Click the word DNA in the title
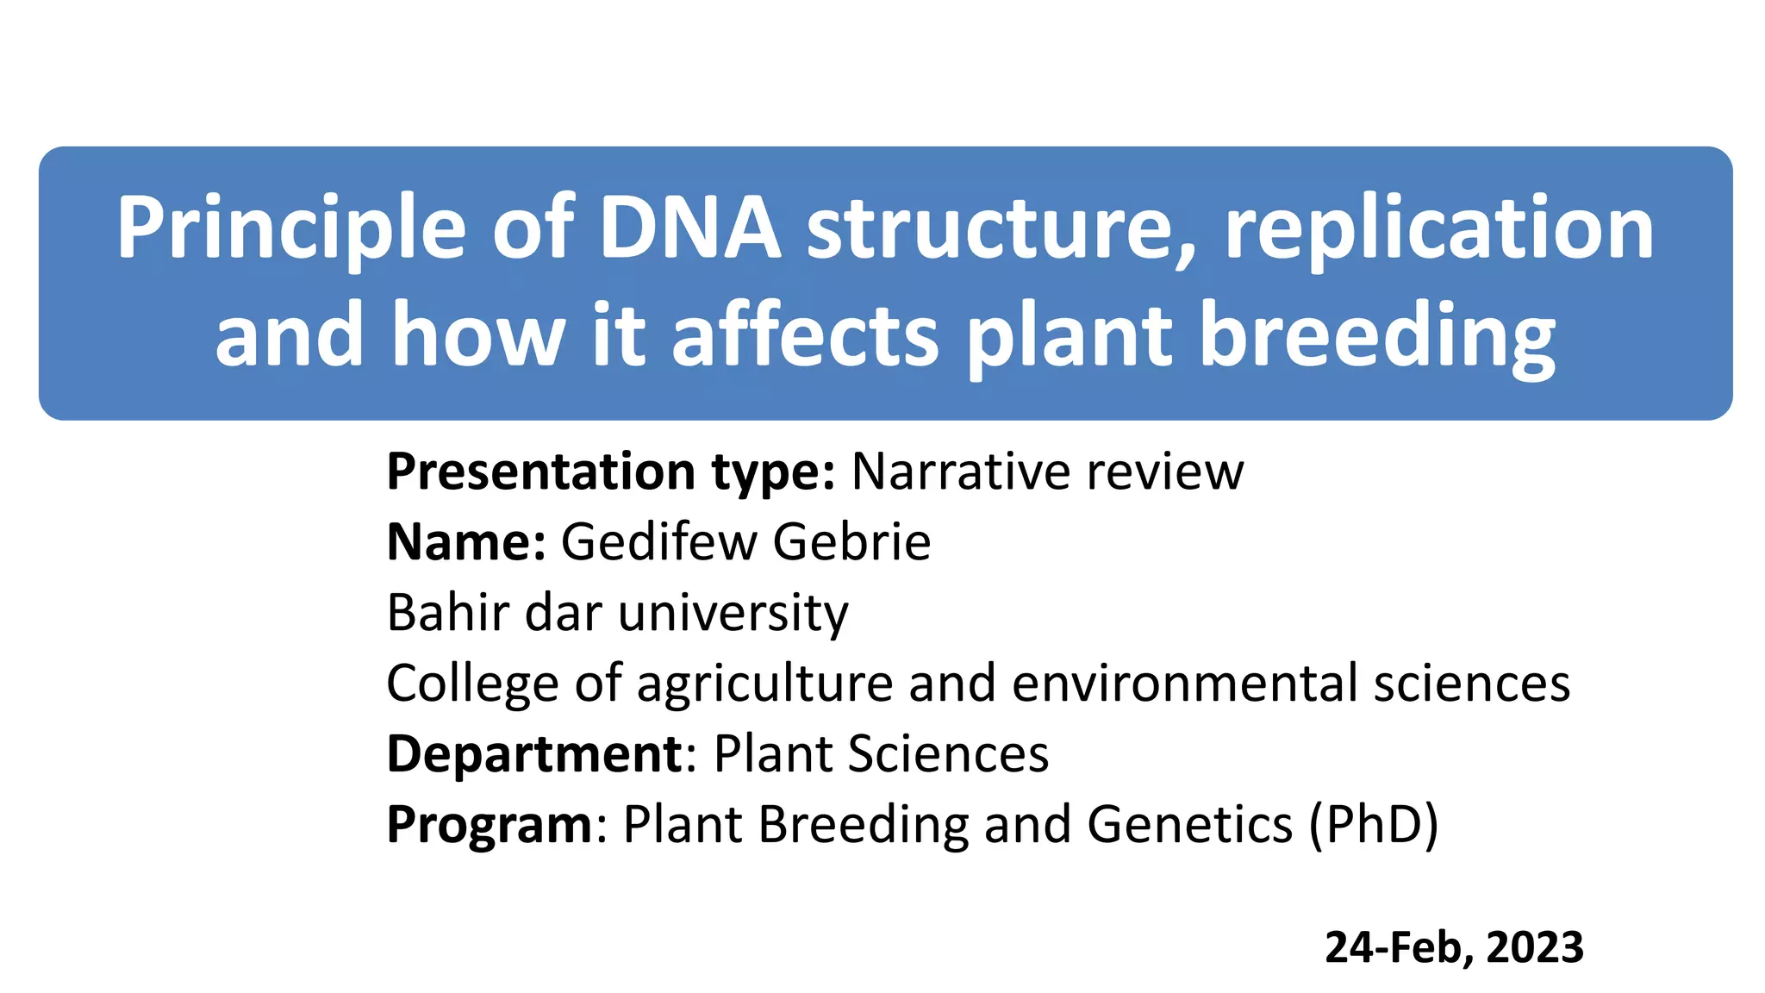(x=689, y=228)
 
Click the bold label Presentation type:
(x=610, y=472)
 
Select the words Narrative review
(x=1047, y=472)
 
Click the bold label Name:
(x=466, y=542)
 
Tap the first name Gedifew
(x=659, y=542)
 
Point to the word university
(x=733, y=615)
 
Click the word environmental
(x=1185, y=684)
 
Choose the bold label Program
(x=489, y=826)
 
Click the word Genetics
(x=1190, y=826)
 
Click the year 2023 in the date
(x=1534, y=947)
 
